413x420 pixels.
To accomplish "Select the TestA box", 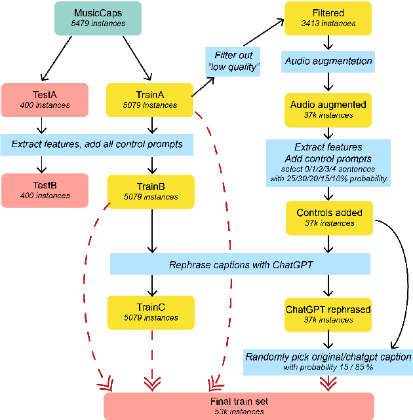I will click(45, 99).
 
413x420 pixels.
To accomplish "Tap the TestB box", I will click(45, 190).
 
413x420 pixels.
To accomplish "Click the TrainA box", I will click(150, 99).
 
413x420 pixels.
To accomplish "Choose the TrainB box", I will click(151, 190).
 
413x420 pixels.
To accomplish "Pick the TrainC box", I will click(151, 312).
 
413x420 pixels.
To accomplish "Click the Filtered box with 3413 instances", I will click(328, 18).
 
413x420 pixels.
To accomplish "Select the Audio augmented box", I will click(328, 109).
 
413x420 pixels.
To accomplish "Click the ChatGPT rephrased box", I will click(328, 313).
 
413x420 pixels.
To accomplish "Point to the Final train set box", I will click(239, 406).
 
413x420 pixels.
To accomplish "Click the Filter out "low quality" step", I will click(233, 62).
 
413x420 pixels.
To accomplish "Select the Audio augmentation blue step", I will click(328, 61).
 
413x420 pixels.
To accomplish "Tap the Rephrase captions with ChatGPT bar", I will click(240, 265).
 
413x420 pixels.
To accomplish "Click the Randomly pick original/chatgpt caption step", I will click(328, 361).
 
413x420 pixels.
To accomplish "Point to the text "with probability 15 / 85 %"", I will click(328, 367).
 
